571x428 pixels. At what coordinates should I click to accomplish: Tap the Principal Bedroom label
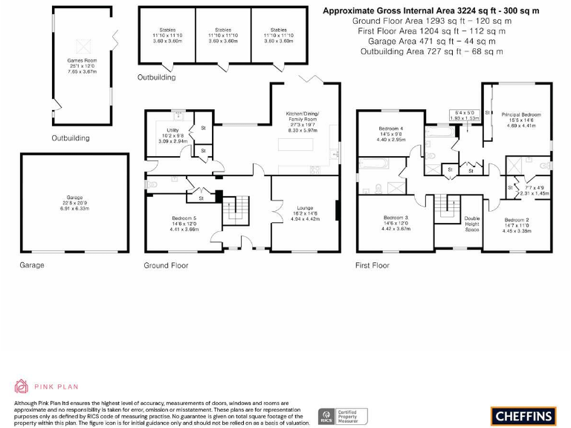pyautogui.click(x=520, y=114)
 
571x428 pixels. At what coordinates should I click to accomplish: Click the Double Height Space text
pyautogui.click(x=472, y=224)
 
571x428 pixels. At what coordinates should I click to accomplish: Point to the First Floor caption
pyautogui.click(x=372, y=265)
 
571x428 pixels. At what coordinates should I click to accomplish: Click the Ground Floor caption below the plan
pyautogui.click(x=166, y=265)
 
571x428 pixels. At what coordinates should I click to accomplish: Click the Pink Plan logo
pyautogui.click(x=45, y=386)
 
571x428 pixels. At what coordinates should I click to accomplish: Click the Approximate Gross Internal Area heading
pyautogui.click(x=430, y=11)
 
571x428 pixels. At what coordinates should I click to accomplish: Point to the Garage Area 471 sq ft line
pyautogui.click(x=430, y=42)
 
